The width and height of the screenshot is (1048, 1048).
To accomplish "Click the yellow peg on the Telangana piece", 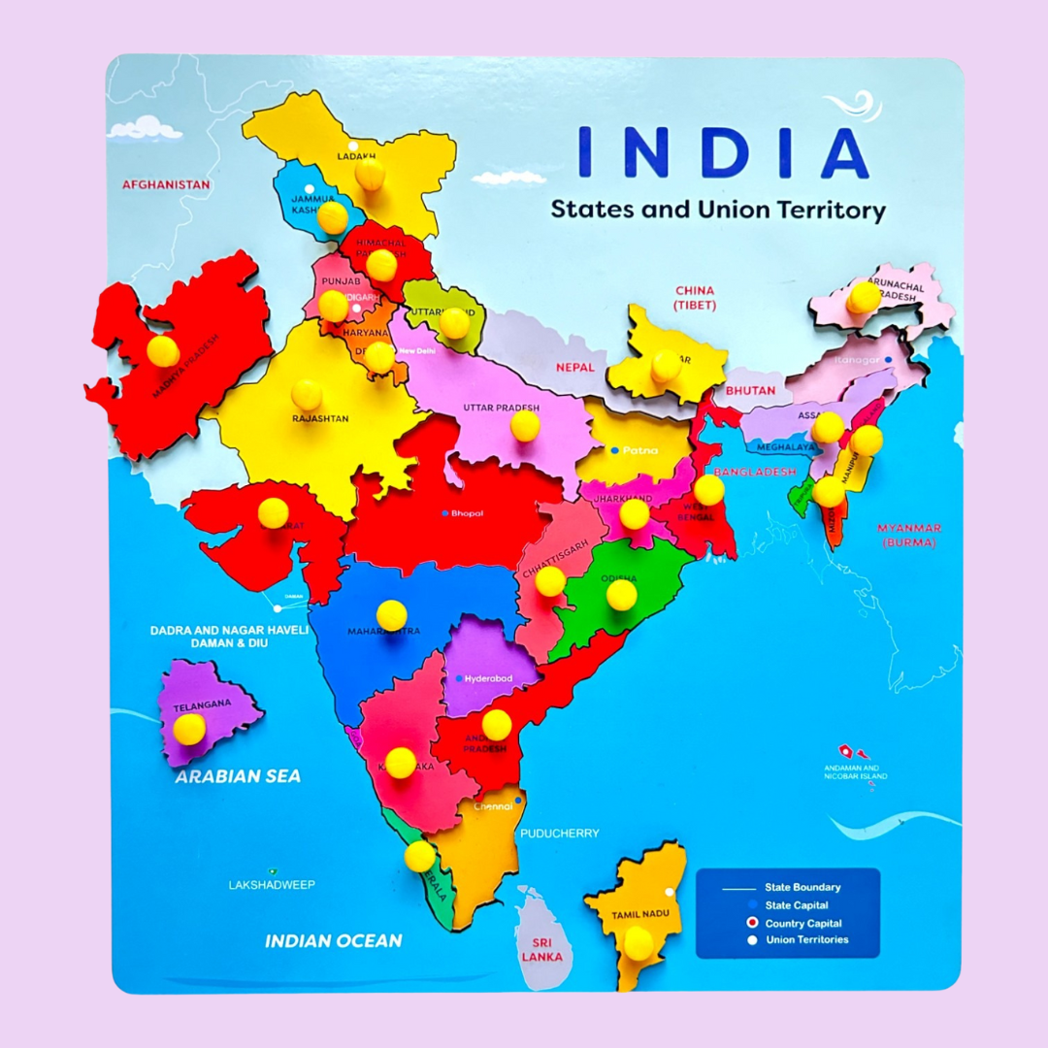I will coord(189,728).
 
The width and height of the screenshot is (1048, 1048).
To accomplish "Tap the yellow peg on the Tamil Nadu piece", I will coord(639,942).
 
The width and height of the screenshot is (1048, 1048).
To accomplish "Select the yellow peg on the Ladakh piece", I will coord(370,174).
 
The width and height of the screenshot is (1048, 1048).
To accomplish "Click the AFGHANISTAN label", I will coord(166,183).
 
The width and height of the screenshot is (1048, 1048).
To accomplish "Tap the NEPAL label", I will coord(574,368).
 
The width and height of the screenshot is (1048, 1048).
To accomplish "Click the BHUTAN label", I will coord(750,390).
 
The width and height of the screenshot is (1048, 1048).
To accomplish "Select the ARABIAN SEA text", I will coord(238,776).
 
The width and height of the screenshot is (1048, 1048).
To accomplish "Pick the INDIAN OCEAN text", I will coord(333,940).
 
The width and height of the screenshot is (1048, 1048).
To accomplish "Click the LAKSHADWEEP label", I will coord(272,885).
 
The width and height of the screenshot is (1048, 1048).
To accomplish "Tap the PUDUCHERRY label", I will coord(560,833).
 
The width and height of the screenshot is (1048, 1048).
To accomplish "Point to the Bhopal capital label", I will coord(466,512).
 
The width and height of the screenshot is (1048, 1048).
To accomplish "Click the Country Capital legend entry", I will coord(802,923).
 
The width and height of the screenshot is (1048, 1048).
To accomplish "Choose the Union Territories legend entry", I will coord(806,939).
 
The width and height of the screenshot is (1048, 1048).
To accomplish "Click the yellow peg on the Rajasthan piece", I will coord(307,394).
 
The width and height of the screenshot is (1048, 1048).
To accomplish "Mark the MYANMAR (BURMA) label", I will coord(908,536).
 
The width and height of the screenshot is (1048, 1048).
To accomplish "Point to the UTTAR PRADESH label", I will coord(501,408).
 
